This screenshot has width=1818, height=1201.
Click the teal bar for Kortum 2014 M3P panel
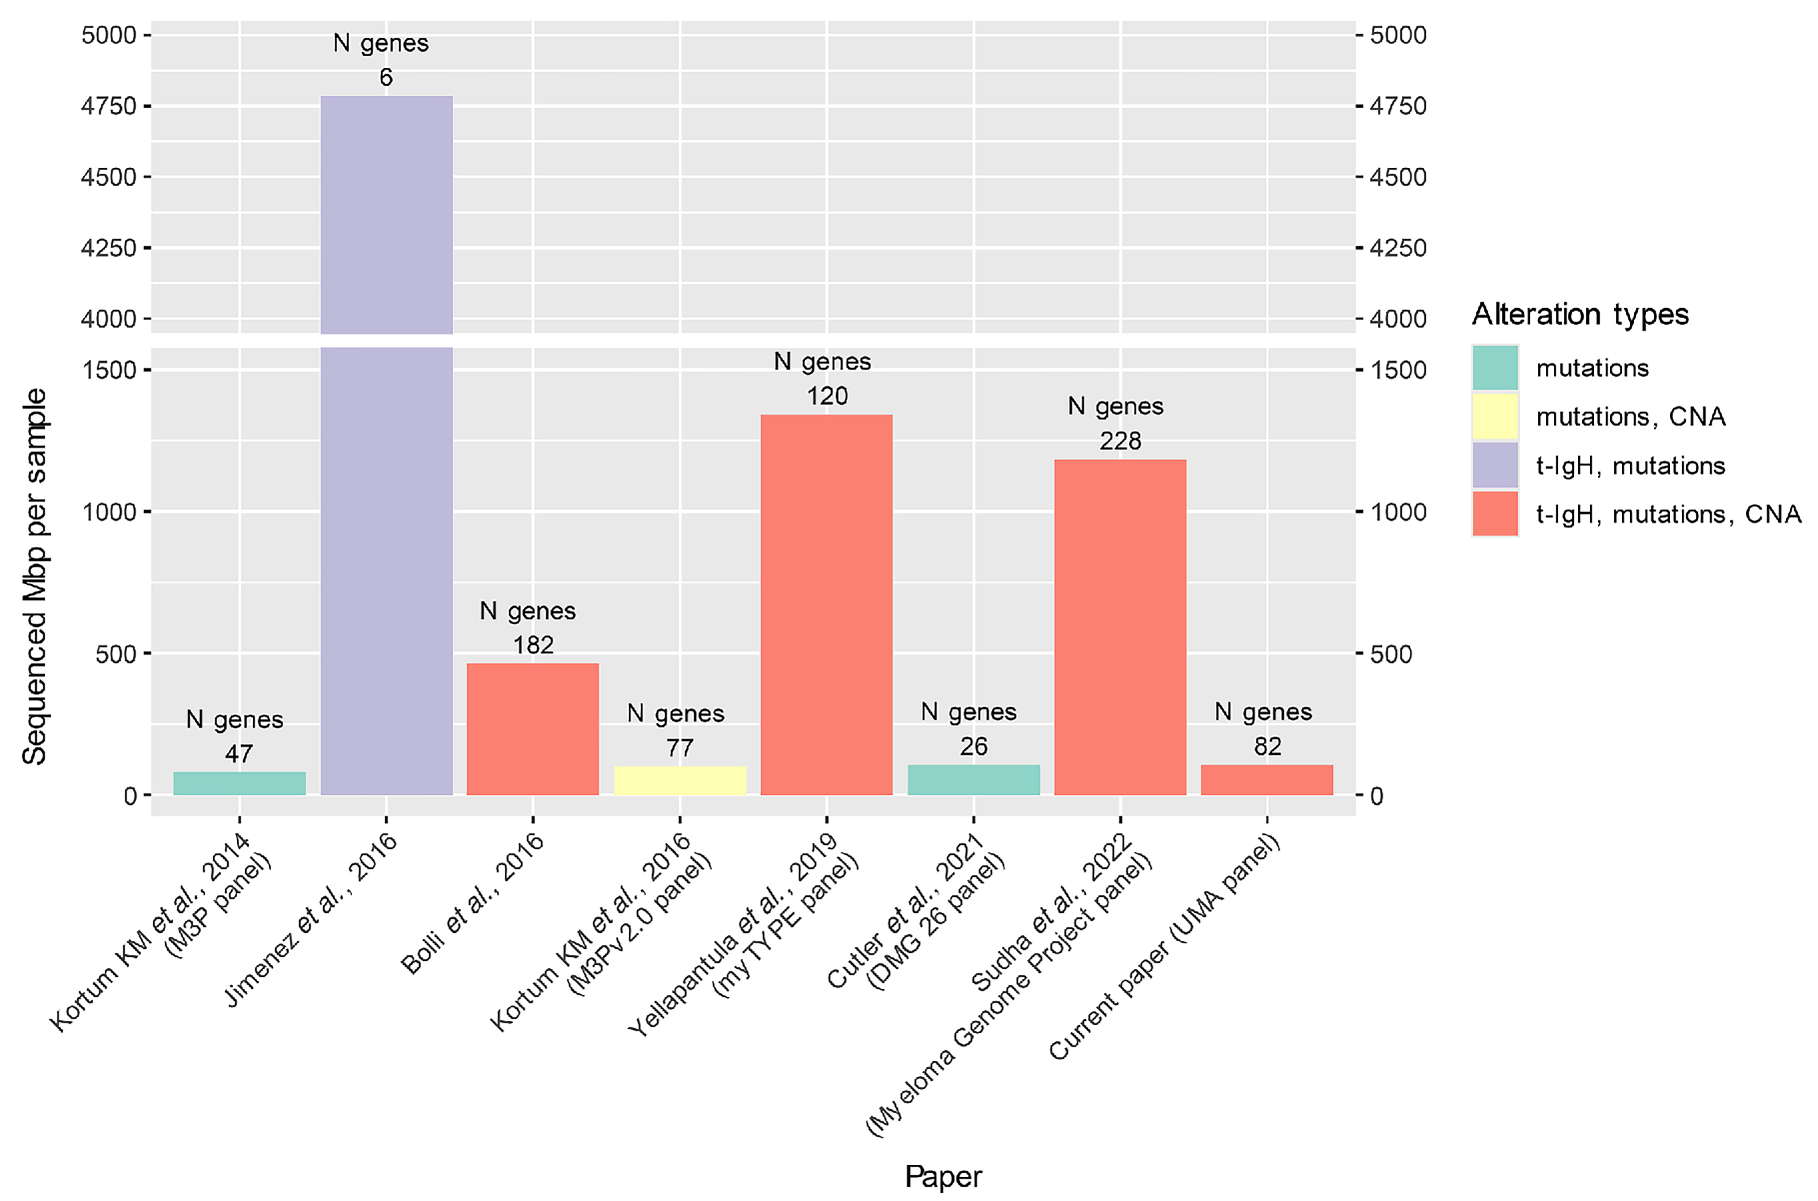(239, 783)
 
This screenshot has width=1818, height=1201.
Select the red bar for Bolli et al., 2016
(532, 729)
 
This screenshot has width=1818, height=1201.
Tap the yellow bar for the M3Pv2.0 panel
(680, 781)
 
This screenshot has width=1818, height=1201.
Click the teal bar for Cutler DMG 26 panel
(973, 780)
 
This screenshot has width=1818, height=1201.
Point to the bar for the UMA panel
(1267, 780)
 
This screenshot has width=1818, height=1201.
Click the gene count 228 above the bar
(1120, 440)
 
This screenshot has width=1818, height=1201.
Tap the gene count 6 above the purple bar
(386, 77)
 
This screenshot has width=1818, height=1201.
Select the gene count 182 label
(532, 645)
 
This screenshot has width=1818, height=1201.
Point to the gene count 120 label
(827, 396)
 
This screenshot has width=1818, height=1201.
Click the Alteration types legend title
(1580, 314)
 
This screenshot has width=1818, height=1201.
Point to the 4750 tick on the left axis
(109, 106)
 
